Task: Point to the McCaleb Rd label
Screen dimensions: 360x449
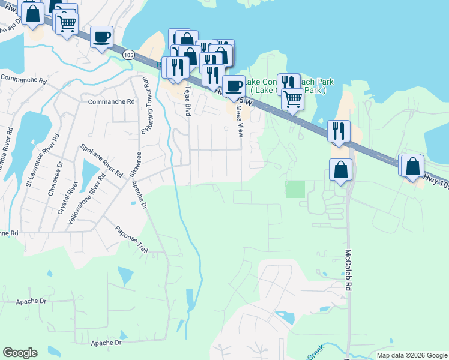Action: pos(348,271)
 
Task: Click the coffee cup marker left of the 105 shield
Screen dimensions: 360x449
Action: pos(101,37)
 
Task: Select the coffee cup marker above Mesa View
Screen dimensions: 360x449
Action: pos(234,86)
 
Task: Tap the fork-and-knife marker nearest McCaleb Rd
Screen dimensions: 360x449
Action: pos(339,131)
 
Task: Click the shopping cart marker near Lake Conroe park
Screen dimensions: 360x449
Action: pos(292,99)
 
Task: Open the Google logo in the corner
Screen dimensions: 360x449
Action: pos(20,353)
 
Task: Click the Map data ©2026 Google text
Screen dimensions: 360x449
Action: pos(412,355)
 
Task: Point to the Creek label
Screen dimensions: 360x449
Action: pos(316,352)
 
